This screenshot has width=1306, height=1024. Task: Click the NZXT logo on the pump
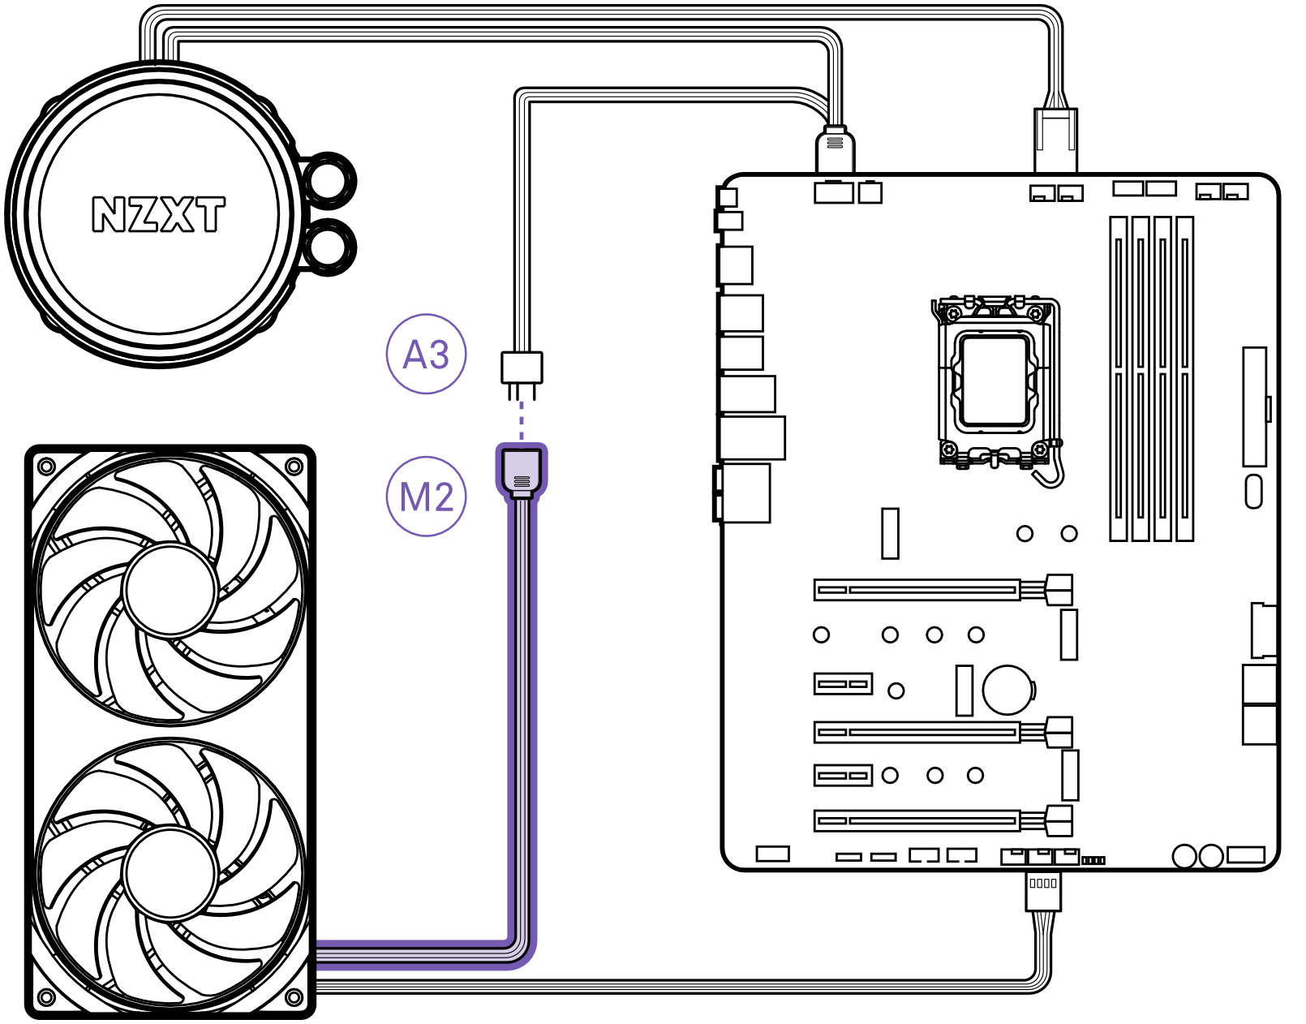click(x=158, y=214)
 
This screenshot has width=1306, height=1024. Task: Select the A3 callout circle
click(x=426, y=355)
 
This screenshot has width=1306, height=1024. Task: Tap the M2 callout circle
click(x=426, y=497)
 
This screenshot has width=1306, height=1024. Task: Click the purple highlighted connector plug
click(x=522, y=471)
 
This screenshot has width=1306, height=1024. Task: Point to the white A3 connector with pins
click(x=522, y=369)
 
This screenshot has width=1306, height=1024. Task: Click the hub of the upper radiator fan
click(x=170, y=590)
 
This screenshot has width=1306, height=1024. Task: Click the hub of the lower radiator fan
click(x=170, y=872)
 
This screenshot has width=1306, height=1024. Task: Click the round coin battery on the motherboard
click(x=1007, y=690)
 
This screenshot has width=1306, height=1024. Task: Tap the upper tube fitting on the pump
click(x=329, y=180)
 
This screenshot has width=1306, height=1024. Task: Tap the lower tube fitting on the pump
click(x=329, y=246)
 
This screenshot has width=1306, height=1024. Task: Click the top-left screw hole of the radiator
click(x=47, y=466)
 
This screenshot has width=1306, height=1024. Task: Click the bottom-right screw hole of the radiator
click(x=294, y=996)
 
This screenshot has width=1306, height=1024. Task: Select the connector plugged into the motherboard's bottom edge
click(x=1042, y=890)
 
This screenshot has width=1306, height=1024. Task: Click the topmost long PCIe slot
click(x=917, y=589)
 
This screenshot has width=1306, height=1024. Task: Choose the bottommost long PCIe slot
click(x=917, y=820)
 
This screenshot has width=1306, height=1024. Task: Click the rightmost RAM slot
click(x=1184, y=378)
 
